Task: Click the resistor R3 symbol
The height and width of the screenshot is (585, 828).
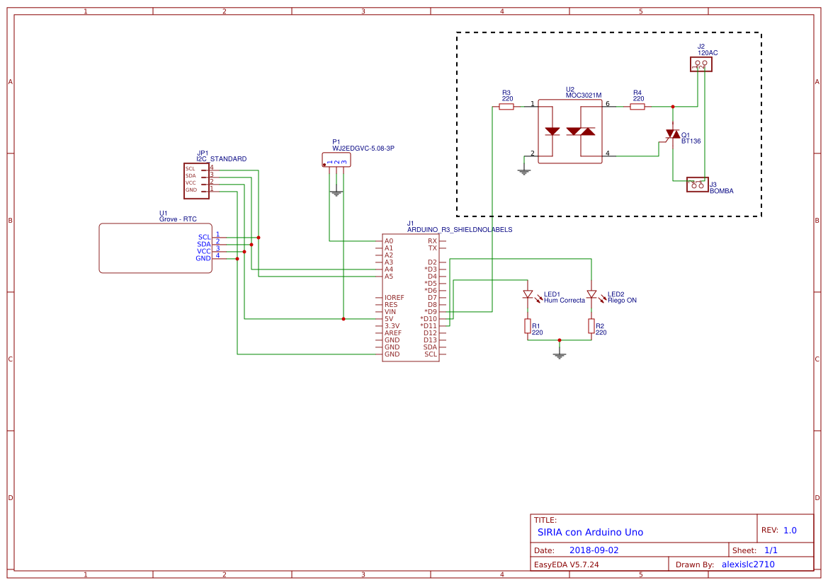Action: pos(506,107)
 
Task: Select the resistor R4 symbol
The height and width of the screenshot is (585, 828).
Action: pos(637,107)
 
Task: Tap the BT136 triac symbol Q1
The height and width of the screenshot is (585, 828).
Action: pos(672,134)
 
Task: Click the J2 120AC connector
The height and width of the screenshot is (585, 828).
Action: pos(701,64)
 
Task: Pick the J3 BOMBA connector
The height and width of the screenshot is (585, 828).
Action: pos(697,185)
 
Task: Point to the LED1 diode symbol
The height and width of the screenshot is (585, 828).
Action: pos(528,294)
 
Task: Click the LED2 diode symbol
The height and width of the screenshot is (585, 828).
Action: pos(591,294)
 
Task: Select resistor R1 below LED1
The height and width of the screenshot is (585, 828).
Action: pos(528,325)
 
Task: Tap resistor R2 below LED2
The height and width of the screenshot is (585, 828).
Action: pos(591,325)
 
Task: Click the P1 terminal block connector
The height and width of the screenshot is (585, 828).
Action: pos(336,161)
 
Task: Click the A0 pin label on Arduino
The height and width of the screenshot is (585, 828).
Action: pos(389,241)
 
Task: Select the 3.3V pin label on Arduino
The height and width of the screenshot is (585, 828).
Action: pos(392,326)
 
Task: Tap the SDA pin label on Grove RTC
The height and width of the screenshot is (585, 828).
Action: pos(204,244)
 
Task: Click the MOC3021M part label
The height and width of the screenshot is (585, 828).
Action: pos(583,95)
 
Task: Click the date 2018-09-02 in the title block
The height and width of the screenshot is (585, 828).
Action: pos(594,550)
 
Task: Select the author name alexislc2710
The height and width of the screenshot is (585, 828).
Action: pos(748,564)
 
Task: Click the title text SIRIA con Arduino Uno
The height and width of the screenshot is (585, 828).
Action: pos(590,532)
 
